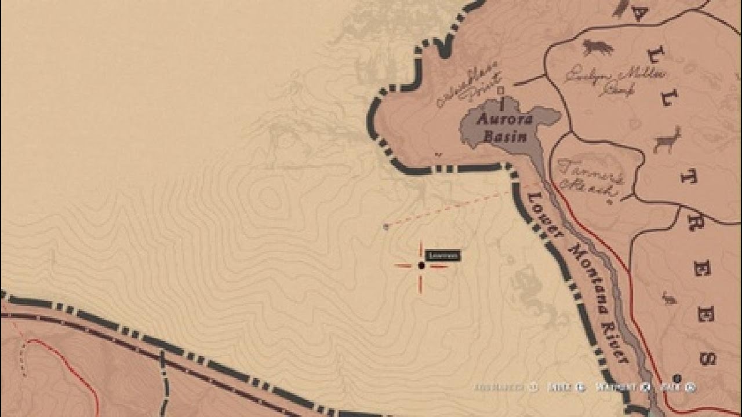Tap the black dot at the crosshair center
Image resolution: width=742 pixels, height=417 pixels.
421,265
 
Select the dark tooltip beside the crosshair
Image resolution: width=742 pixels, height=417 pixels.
443,255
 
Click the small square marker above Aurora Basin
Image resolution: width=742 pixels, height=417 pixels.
501,90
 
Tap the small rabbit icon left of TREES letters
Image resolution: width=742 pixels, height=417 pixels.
669,299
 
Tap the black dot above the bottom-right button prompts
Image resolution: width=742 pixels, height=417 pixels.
676,378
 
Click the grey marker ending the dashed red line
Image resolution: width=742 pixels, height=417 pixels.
385,227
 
